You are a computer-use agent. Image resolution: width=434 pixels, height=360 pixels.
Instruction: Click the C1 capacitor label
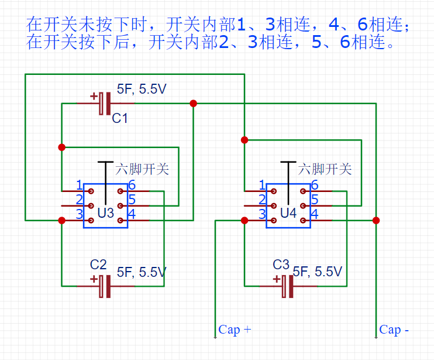click(x=120, y=119)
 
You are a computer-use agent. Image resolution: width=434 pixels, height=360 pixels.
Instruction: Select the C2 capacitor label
click(x=98, y=265)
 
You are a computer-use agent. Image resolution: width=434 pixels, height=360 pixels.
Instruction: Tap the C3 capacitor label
click(x=281, y=265)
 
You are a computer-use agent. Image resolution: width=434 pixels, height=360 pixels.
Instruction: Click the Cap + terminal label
click(x=235, y=330)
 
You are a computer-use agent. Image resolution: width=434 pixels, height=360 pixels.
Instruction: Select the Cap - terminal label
click(x=394, y=330)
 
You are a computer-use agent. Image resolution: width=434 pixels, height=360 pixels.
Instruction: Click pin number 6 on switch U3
click(x=132, y=186)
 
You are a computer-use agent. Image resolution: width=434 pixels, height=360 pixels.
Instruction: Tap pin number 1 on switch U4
click(x=262, y=186)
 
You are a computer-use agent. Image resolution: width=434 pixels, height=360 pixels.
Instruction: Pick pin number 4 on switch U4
click(x=315, y=214)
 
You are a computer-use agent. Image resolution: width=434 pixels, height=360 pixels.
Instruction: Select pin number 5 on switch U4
click(x=315, y=200)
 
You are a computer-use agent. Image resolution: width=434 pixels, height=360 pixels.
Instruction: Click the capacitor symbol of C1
click(x=105, y=104)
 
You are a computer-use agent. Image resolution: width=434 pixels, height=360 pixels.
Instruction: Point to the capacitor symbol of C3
click(x=287, y=286)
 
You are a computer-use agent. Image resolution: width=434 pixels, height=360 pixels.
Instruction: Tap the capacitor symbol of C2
click(x=105, y=286)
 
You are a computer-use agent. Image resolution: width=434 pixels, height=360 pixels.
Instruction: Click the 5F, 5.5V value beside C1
click(x=142, y=89)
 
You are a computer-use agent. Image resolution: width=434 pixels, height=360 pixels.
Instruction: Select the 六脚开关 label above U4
click(x=325, y=170)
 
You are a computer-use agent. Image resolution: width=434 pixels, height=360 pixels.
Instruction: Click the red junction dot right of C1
click(x=193, y=104)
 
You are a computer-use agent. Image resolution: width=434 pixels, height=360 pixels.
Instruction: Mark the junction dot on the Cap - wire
click(x=376, y=221)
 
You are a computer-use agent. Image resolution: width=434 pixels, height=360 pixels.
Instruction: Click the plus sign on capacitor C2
click(x=94, y=279)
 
